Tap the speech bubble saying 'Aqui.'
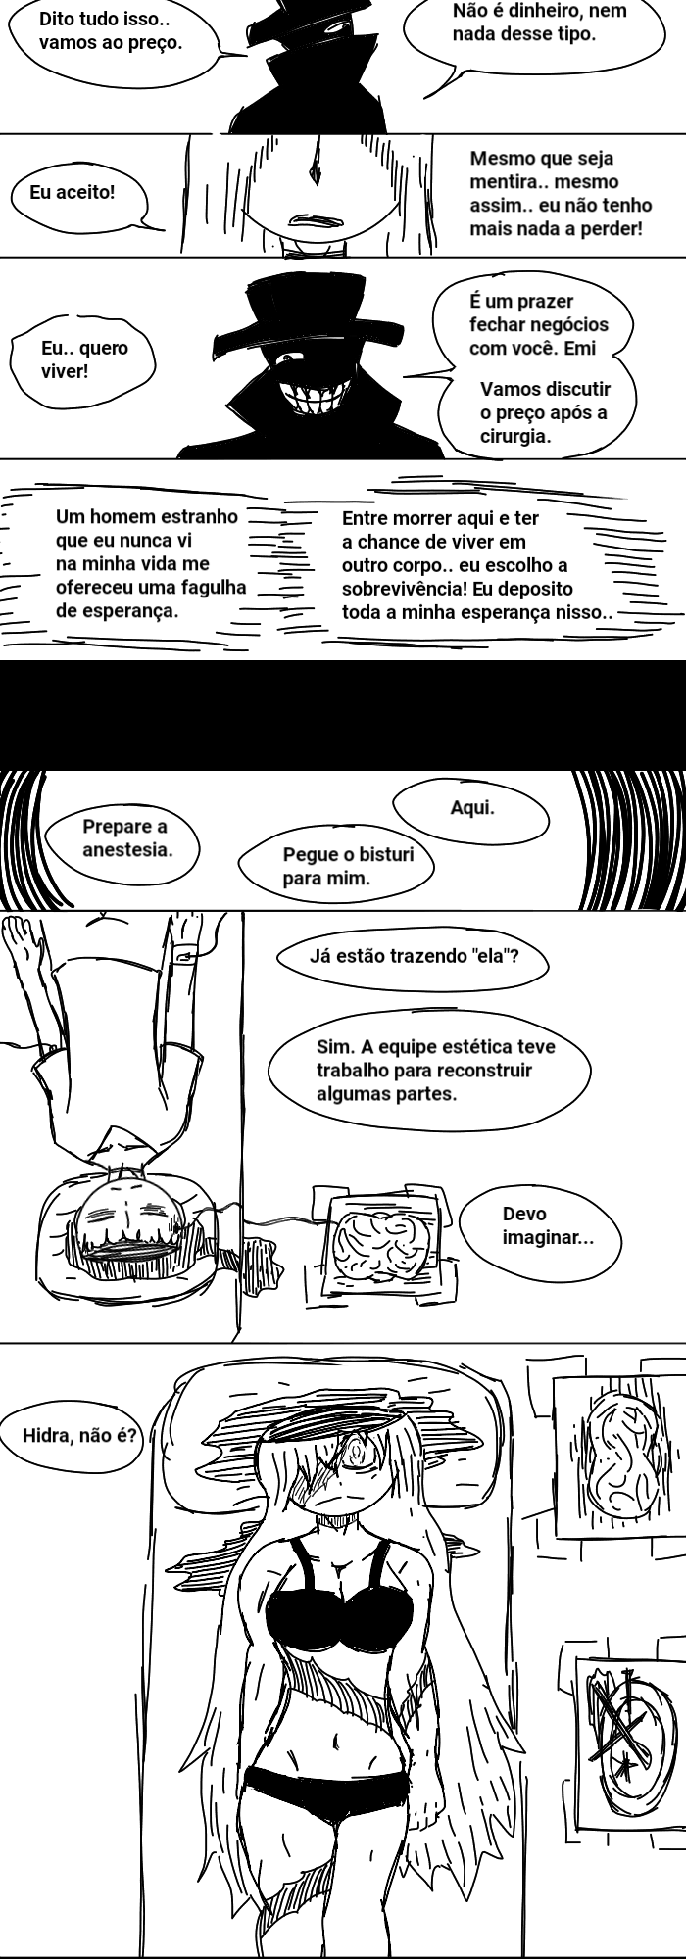(x=471, y=809)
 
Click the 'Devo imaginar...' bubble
(x=544, y=1226)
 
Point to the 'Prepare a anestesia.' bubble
(x=124, y=838)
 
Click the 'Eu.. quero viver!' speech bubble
(x=83, y=359)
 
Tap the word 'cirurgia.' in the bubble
(x=515, y=436)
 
